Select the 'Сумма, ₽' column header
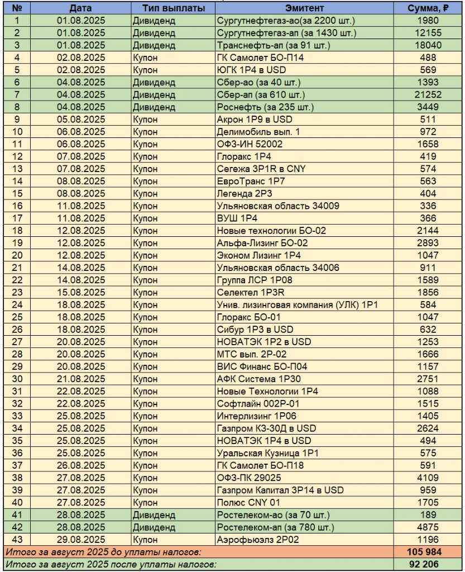[429, 8]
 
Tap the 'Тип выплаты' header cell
[172, 8]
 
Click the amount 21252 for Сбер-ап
[429, 95]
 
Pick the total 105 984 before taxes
[429, 552]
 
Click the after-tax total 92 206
[429, 564]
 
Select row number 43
[17, 540]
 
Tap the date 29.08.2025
[82, 540]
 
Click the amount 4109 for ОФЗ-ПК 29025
[429, 478]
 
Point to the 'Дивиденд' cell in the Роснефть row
[154, 107]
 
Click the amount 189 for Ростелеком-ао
[429, 514]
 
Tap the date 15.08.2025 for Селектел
[82, 292]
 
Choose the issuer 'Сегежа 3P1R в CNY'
[261, 169]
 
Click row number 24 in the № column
[17, 304]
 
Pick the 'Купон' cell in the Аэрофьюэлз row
[145, 540]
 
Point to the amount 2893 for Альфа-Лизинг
[429, 243]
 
